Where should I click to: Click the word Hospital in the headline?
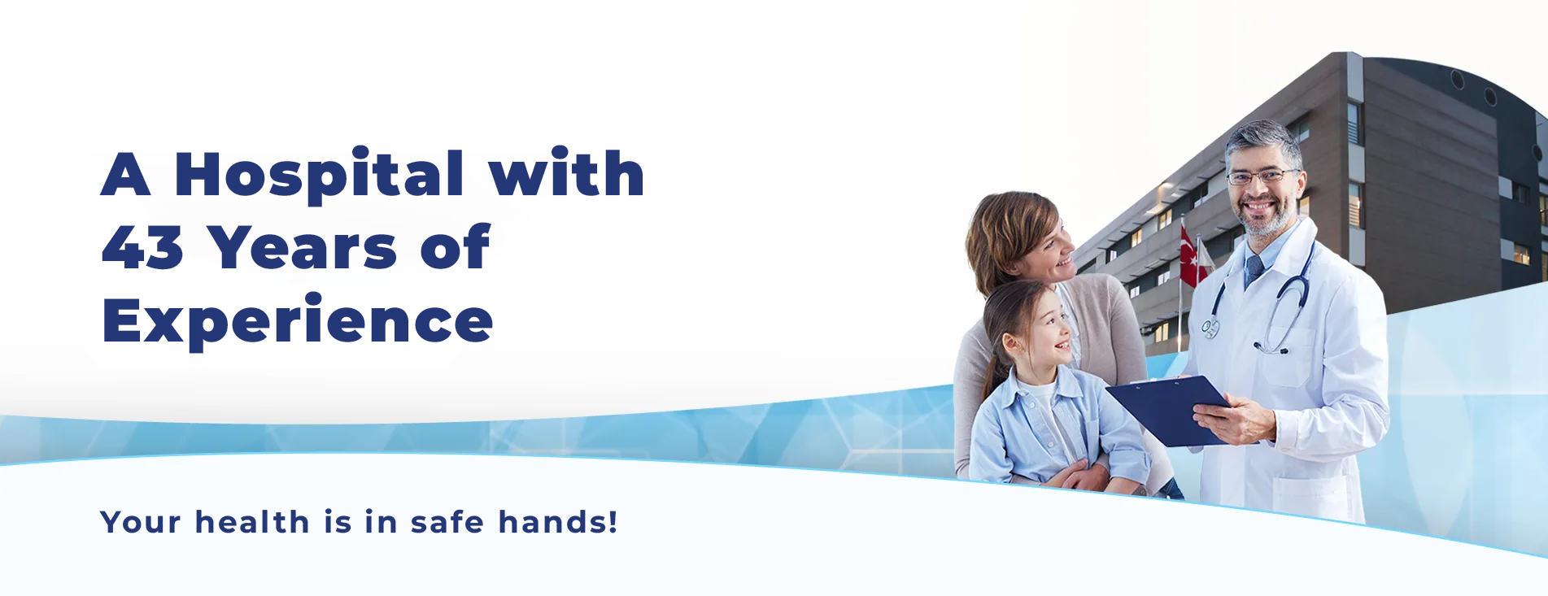pyautogui.click(x=319, y=174)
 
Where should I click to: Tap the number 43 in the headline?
pyautogui.click(x=142, y=247)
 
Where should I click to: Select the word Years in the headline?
pyautogui.click(x=303, y=247)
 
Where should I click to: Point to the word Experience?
pyautogui.click(x=298, y=322)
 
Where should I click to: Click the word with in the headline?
pyautogui.click(x=566, y=173)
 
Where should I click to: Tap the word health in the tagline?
pyautogui.click(x=252, y=522)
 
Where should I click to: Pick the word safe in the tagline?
pyautogui.click(x=447, y=522)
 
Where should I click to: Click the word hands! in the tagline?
pyautogui.click(x=558, y=522)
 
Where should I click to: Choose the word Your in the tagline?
pyautogui.click(x=140, y=522)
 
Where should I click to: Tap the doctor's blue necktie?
pyautogui.click(x=1254, y=271)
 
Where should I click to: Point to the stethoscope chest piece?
pyautogui.click(x=1211, y=328)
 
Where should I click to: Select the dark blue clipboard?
pyautogui.click(x=1168, y=411)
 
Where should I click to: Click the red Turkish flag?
pyautogui.click(x=1191, y=257)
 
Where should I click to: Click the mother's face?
pyautogui.click(x=1052, y=248)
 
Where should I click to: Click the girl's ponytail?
pyautogui.click(x=994, y=350)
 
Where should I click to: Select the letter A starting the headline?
pyautogui.click(x=126, y=174)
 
